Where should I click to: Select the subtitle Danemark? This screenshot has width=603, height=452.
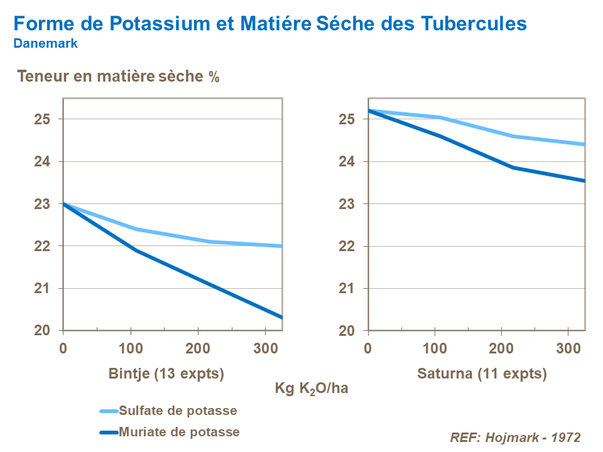pos(45,44)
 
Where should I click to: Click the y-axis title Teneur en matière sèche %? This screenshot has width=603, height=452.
pos(118,77)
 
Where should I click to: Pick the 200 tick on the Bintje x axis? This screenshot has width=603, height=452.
pos(198,347)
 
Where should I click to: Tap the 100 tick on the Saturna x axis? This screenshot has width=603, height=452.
pos(434,347)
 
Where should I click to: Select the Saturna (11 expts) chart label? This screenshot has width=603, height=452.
pos(482,374)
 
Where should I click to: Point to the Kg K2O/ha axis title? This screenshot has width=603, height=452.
pos(311,389)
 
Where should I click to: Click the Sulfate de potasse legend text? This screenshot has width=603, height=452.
pos(178,411)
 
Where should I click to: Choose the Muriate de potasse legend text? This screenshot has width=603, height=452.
pos(180,432)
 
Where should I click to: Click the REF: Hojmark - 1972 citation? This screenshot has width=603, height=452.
pos(515,438)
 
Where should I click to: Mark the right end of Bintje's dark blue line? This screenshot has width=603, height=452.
pos(281,317)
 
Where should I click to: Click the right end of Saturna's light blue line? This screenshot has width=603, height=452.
pos(584,144)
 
